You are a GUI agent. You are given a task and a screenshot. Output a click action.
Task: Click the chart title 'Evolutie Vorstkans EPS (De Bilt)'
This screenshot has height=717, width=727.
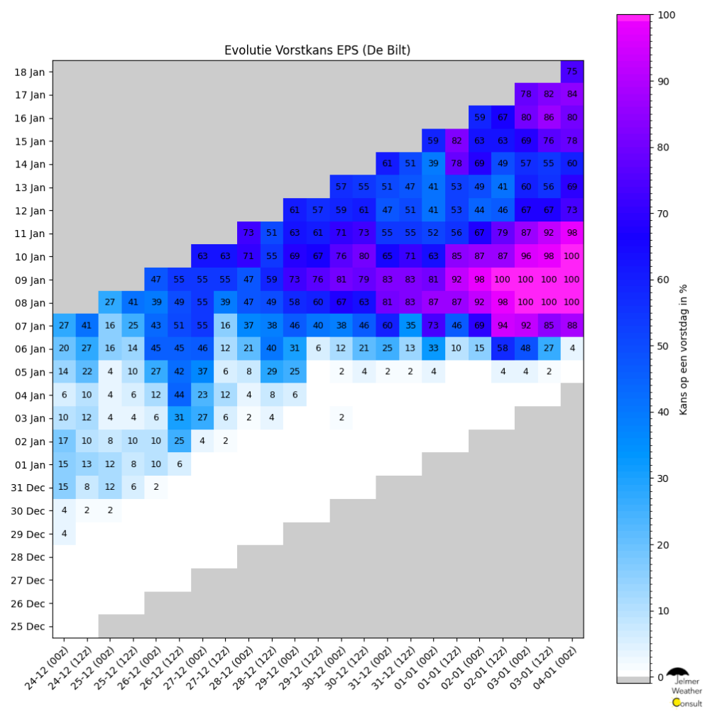(x=317, y=50)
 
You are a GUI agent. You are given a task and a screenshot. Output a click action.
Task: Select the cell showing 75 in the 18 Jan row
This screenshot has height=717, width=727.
(x=572, y=71)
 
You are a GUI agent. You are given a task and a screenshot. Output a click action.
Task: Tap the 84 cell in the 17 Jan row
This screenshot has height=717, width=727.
(x=572, y=94)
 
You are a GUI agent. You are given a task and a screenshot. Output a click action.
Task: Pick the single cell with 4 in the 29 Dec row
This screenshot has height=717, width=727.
(x=64, y=534)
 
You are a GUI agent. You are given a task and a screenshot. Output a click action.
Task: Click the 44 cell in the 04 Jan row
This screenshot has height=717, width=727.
(x=180, y=395)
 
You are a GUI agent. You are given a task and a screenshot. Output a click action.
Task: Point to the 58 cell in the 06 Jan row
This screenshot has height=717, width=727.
(x=503, y=349)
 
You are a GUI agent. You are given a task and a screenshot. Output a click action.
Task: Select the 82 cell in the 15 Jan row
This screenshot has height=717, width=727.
(x=457, y=141)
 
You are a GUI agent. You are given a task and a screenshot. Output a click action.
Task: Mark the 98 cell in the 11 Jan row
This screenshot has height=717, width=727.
(x=572, y=233)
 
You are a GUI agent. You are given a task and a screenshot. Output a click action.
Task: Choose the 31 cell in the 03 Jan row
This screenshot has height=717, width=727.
(x=180, y=418)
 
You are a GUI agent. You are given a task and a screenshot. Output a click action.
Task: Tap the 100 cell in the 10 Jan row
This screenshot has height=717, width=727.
(x=572, y=256)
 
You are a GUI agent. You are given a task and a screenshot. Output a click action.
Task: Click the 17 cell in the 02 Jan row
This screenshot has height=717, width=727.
(x=64, y=441)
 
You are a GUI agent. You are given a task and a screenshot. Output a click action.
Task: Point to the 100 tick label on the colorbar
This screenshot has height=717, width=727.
(x=667, y=15)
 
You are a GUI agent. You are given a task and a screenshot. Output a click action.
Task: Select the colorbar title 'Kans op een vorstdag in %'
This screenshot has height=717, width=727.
(x=684, y=346)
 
